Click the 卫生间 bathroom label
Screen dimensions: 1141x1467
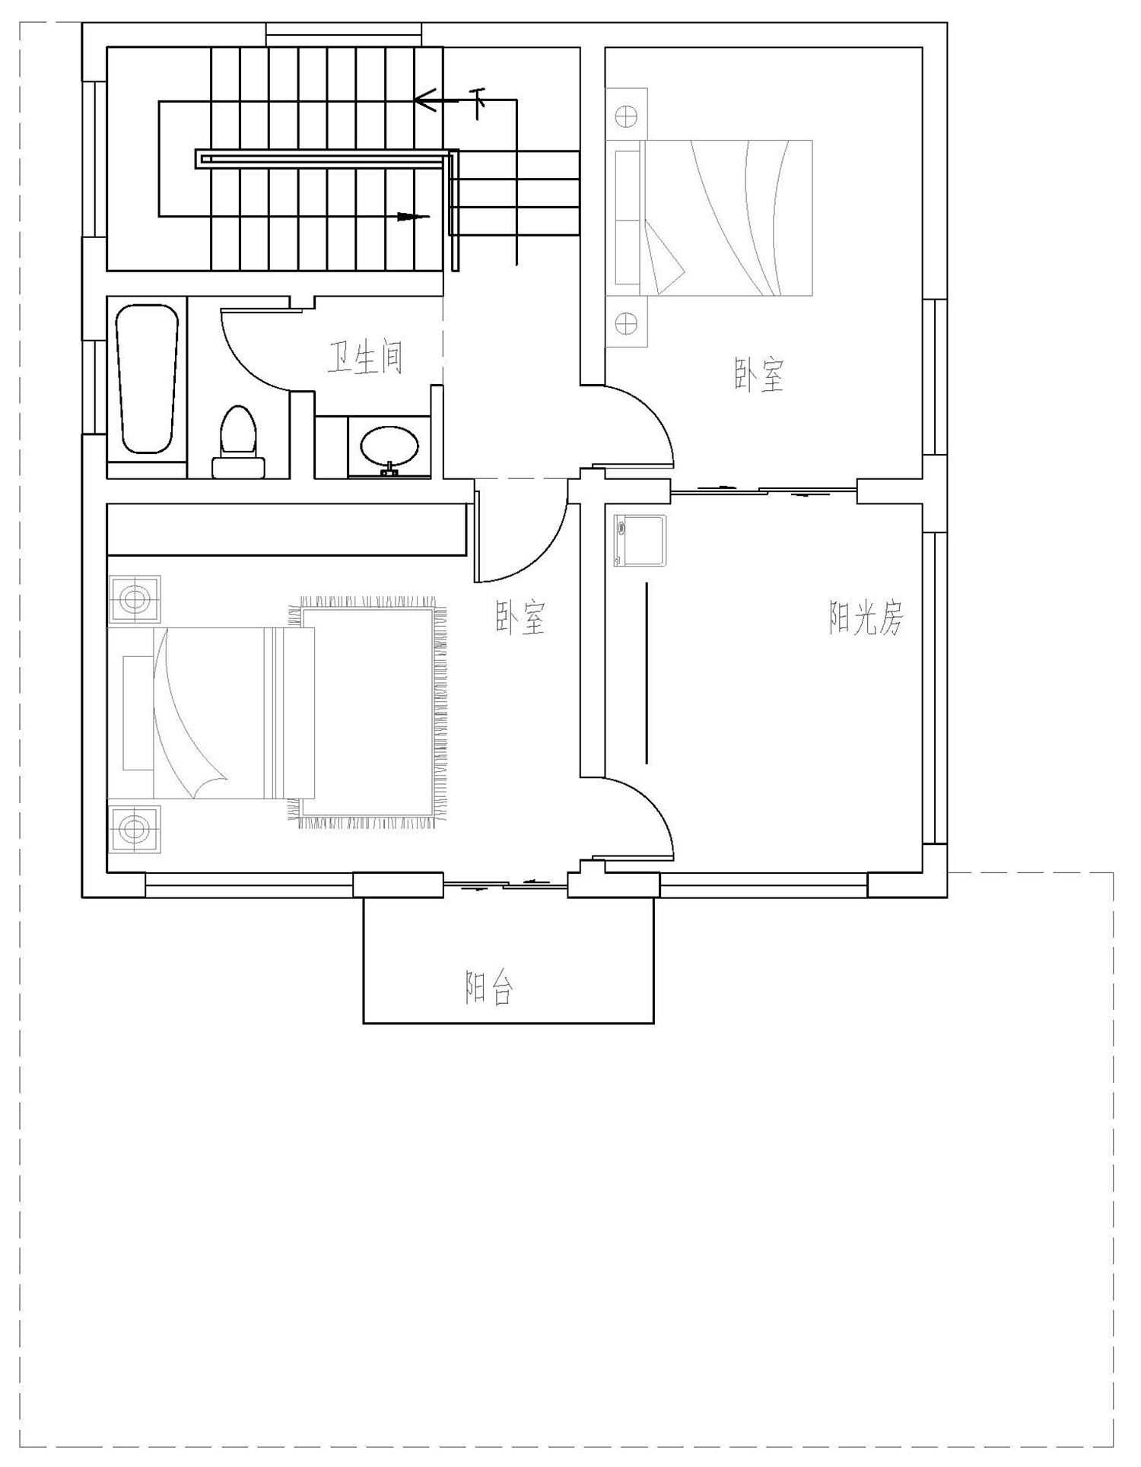365,357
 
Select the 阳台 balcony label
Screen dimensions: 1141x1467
490,988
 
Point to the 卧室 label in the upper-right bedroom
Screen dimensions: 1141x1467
759,374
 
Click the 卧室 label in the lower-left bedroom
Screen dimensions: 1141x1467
521,618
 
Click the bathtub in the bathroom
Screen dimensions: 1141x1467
147,379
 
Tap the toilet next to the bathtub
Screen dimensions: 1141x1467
238,442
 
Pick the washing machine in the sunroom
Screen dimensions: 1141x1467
640,541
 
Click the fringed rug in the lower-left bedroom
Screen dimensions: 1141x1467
367,713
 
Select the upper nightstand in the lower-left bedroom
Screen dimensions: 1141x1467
135,599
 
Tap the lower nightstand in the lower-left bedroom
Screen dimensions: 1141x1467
135,828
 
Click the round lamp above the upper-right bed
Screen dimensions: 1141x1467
626,117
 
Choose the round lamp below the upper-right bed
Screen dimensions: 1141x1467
626,323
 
